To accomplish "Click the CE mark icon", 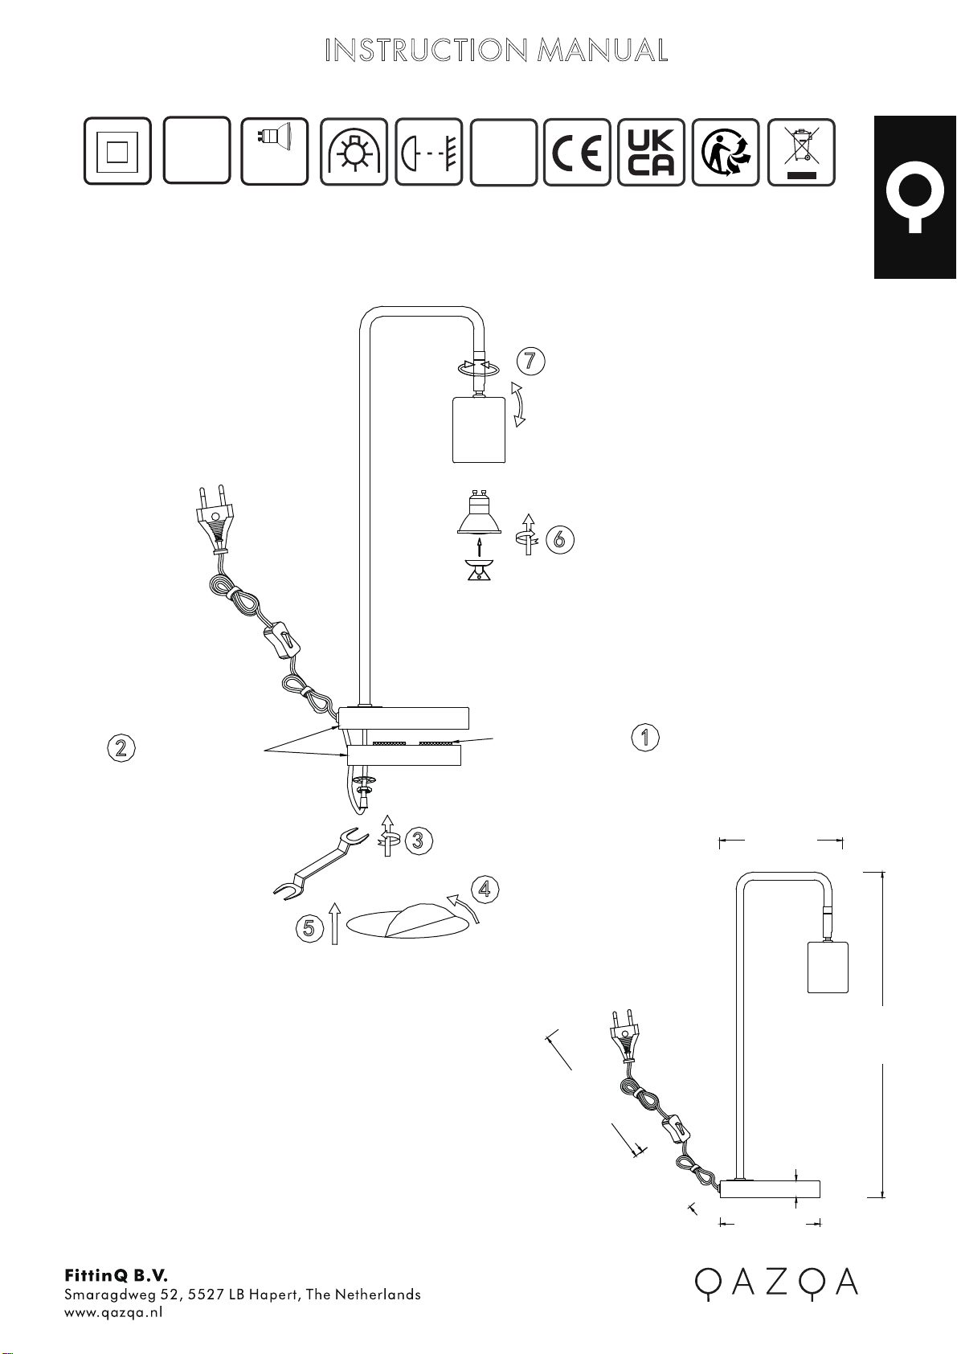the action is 577,152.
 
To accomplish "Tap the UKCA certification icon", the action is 651,152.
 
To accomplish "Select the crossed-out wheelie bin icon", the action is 801,152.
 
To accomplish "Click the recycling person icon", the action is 726,152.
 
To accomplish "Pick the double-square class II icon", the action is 117,150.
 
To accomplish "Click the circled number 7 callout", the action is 531,361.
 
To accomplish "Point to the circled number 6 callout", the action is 560,538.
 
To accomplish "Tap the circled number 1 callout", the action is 645,737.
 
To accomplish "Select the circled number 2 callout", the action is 121,748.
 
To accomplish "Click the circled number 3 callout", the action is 418,841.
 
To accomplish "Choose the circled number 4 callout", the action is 485,889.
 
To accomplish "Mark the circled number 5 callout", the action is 309,927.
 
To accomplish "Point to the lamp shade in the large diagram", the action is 479,430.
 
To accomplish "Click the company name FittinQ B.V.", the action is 116,1273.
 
